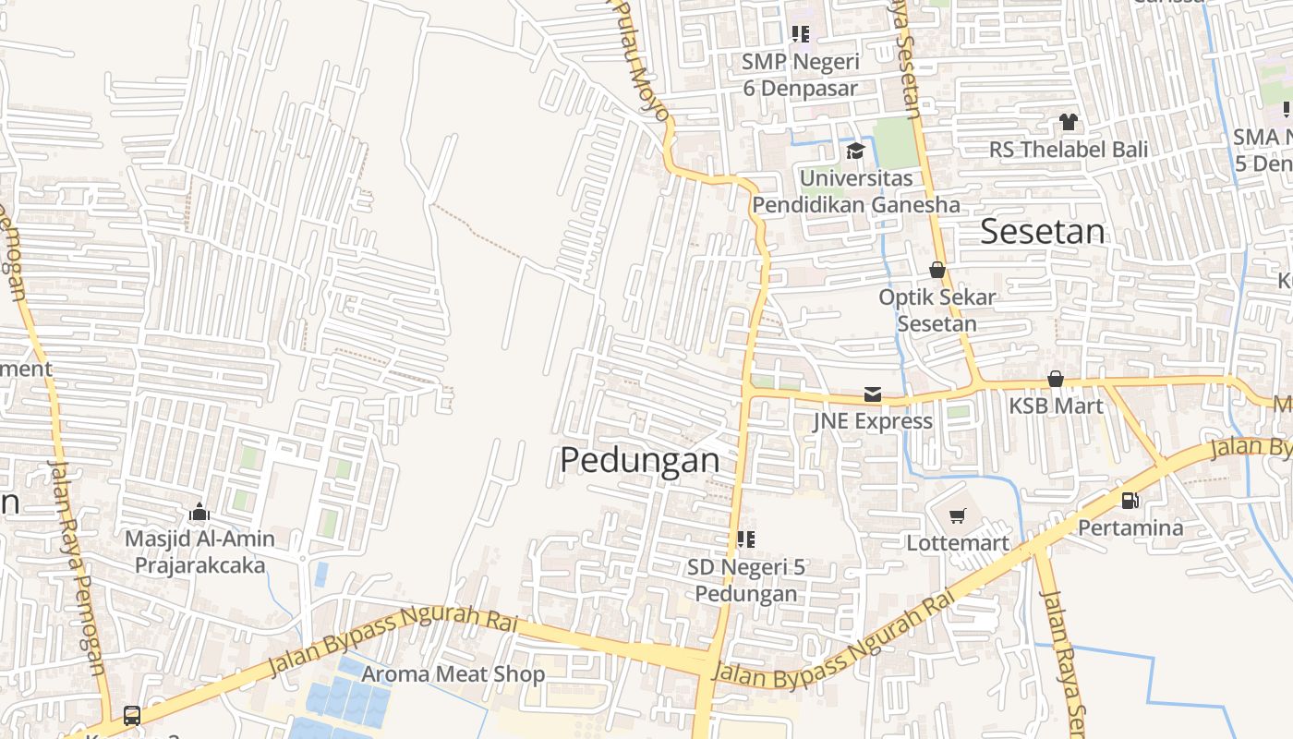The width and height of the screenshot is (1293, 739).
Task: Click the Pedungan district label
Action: click(x=639, y=459)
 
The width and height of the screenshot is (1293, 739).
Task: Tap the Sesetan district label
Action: click(x=1042, y=231)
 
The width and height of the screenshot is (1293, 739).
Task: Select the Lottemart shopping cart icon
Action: click(x=957, y=516)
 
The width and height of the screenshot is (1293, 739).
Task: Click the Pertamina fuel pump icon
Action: click(x=1130, y=501)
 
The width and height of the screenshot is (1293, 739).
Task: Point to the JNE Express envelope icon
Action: click(x=872, y=394)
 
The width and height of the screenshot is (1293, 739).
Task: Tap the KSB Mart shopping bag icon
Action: click(x=1056, y=379)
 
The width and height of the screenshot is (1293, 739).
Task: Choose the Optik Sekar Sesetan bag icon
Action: click(x=937, y=270)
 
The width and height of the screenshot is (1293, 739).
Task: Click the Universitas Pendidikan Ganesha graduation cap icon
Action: click(x=855, y=151)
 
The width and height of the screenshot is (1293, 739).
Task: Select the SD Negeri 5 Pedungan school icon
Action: click(x=746, y=539)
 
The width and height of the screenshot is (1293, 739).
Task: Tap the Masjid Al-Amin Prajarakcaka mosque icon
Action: click(x=199, y=512)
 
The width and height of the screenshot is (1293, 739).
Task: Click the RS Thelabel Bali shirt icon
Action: click(x=1069, y=122)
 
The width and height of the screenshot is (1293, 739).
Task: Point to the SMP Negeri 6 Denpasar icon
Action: click(x=801, y=34)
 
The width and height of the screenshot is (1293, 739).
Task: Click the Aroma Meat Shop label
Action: click(x=453, y=674)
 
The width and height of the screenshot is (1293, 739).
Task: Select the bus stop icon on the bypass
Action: click(x=132, y=715)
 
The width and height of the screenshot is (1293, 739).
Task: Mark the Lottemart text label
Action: click(x=958, y=542)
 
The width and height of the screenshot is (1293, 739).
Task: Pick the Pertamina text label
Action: click(x=1130, y=527)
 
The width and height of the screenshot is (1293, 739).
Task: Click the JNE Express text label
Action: click(x=873, y=421)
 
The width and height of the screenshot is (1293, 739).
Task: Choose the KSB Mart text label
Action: click(x=1056, y=406)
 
